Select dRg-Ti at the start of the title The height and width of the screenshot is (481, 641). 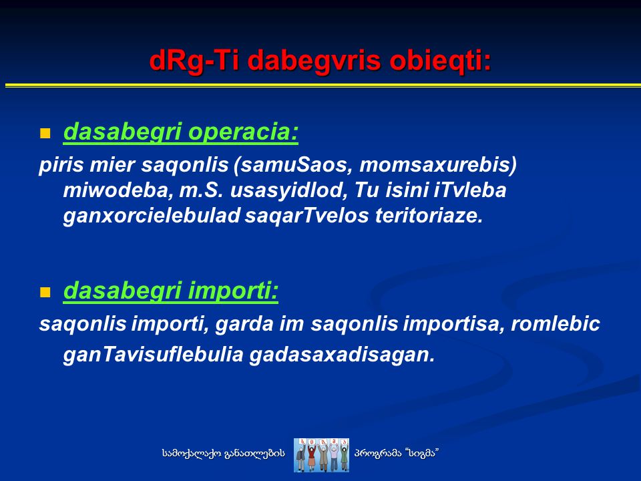[196, 61]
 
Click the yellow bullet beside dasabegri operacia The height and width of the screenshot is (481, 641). [45, 134]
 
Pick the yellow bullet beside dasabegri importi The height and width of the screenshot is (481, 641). [45, 293]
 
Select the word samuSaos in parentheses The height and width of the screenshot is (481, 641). [294, 165]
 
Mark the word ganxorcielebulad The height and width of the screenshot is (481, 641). [152, 216]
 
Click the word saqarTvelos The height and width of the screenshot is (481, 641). [307, 216]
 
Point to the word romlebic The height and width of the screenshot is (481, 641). [555, 324]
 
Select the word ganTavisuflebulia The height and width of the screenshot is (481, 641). [154, 355]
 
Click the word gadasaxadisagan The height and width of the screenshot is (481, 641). [342, 355]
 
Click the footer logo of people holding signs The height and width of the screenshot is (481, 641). [321, 455]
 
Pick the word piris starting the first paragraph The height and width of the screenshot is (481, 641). [61, 165]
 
